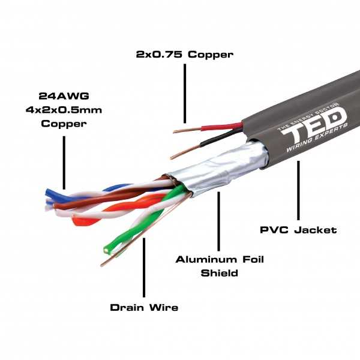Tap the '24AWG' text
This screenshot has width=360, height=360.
64,95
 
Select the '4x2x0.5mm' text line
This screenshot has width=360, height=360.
64,110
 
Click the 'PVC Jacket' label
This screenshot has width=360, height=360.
298,230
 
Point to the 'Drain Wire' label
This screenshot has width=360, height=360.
144,308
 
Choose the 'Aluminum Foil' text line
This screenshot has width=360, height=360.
220,260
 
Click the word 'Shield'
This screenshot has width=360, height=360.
220,274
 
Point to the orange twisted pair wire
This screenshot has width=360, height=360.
84,220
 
